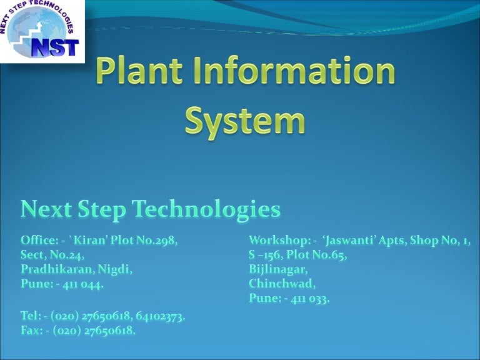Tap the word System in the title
click(x=245, y=122)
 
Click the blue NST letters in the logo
click(x=55, y=47)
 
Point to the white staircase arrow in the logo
click(x=27, y=36)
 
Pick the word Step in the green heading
click(x=102, y=210)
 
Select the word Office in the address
click(x=37, y=240)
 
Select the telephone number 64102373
click(x=159, y=316)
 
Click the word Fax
click(x=30, y=330)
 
